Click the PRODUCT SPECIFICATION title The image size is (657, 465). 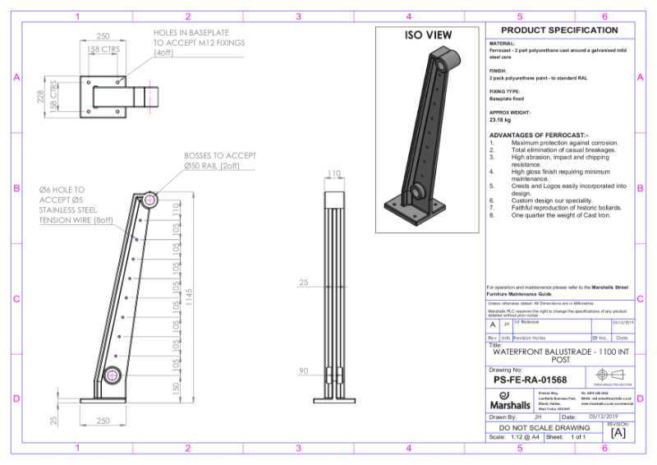559,30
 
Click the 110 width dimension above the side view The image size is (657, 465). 333,173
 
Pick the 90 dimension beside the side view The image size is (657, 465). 303,371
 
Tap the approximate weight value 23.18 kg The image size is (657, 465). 502,120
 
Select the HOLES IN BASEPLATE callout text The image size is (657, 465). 199,43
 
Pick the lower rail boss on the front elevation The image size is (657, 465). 110,375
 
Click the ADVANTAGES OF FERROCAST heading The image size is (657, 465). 539,135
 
